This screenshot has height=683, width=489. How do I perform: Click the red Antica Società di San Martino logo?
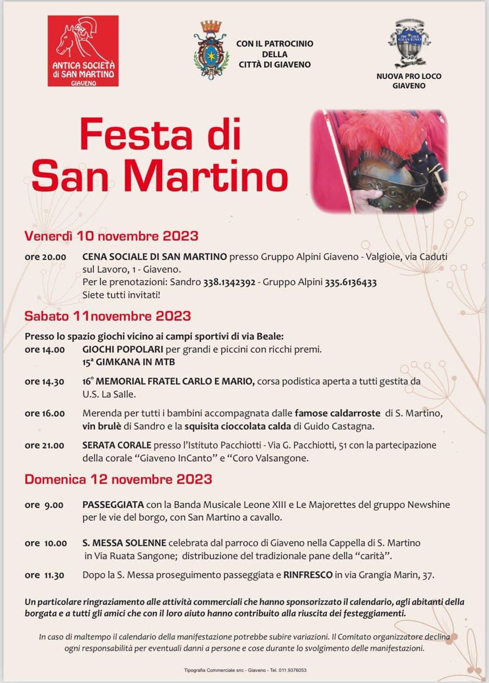83,51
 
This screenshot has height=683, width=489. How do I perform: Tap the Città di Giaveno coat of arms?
211,50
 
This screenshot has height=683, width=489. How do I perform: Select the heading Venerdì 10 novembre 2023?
111,236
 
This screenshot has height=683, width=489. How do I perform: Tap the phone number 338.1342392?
229,283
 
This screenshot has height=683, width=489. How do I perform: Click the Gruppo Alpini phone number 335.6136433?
351,283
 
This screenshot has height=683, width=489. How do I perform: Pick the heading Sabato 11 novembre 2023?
108,316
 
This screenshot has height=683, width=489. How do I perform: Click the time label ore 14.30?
45,382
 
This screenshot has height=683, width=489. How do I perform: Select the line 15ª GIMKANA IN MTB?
129,363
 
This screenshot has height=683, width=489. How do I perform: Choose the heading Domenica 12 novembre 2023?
118,479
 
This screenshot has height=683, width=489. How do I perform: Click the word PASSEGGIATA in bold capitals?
113,505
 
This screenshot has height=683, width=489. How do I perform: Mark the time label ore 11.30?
45,575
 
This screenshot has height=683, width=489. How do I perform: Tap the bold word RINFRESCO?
308,575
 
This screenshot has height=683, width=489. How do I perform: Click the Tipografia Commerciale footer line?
245,670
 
